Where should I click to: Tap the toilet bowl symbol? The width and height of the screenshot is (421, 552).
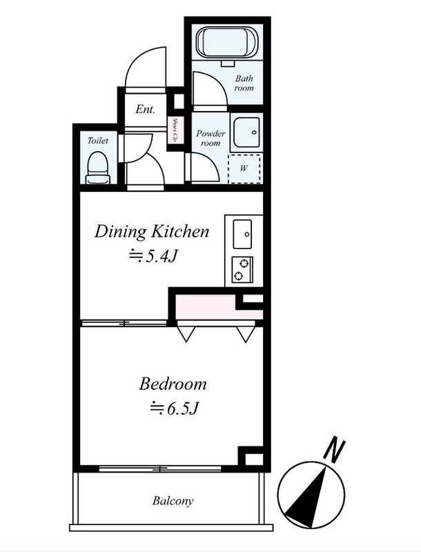tap(97, 168)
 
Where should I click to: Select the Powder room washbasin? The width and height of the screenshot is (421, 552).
tap(246, 132)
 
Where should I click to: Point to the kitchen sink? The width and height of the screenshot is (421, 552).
tap(242, 234)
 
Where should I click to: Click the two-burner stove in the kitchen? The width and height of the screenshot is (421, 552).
tap(242, 270)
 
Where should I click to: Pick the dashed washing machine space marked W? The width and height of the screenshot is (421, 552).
tap(244, 168)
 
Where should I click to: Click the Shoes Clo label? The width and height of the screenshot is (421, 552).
tap(174, 130)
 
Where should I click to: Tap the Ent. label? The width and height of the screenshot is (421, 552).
tap(145, 109)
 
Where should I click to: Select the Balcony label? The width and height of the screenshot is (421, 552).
tap(173, 501)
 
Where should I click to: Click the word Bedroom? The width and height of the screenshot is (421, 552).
tap(173, 384)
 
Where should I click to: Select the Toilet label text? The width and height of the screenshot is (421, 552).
tap(97, 141)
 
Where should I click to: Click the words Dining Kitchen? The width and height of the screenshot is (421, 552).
tap(152, 232)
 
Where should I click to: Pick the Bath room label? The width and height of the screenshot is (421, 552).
tap(244, 83)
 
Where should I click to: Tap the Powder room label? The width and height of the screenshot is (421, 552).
tap(210, 139)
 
